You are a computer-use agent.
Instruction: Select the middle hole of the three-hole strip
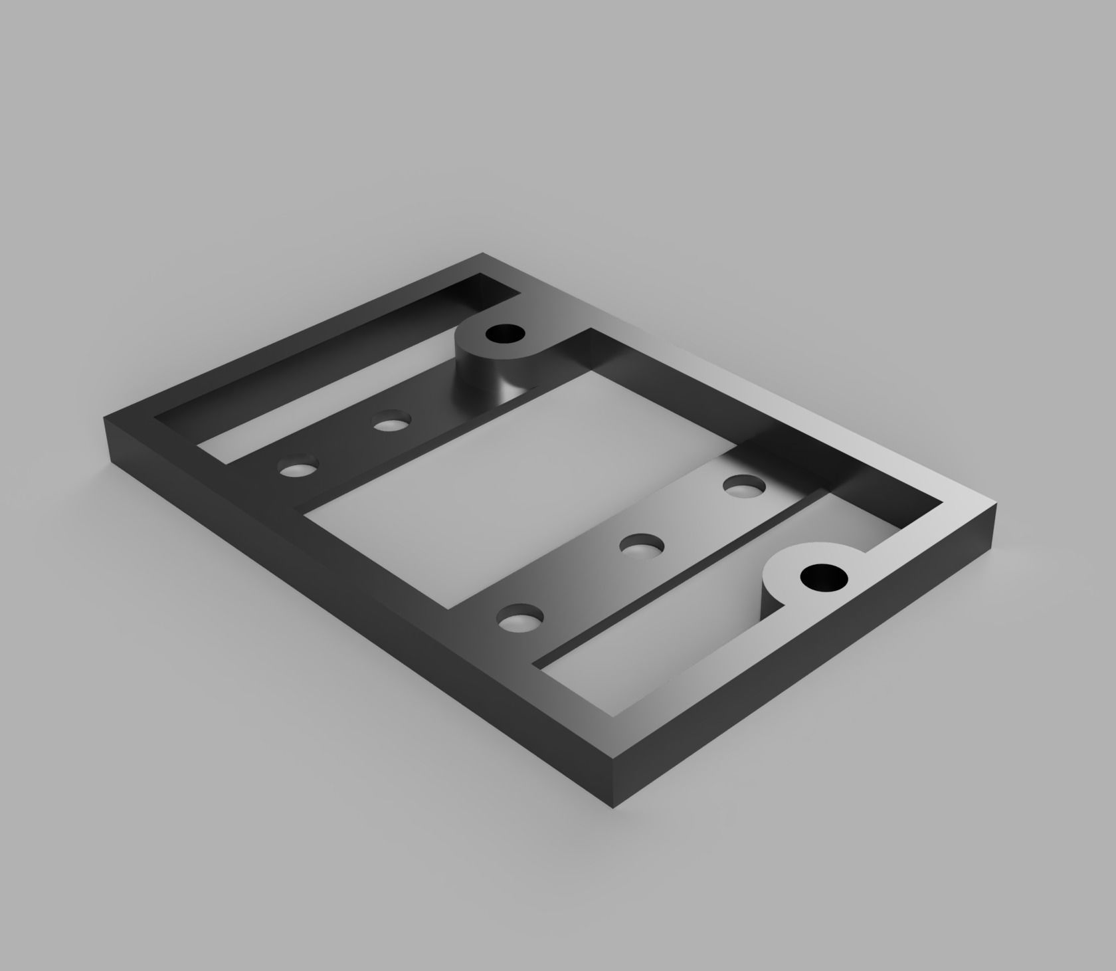[641, 546]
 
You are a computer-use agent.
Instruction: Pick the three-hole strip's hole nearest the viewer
[519, 621]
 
